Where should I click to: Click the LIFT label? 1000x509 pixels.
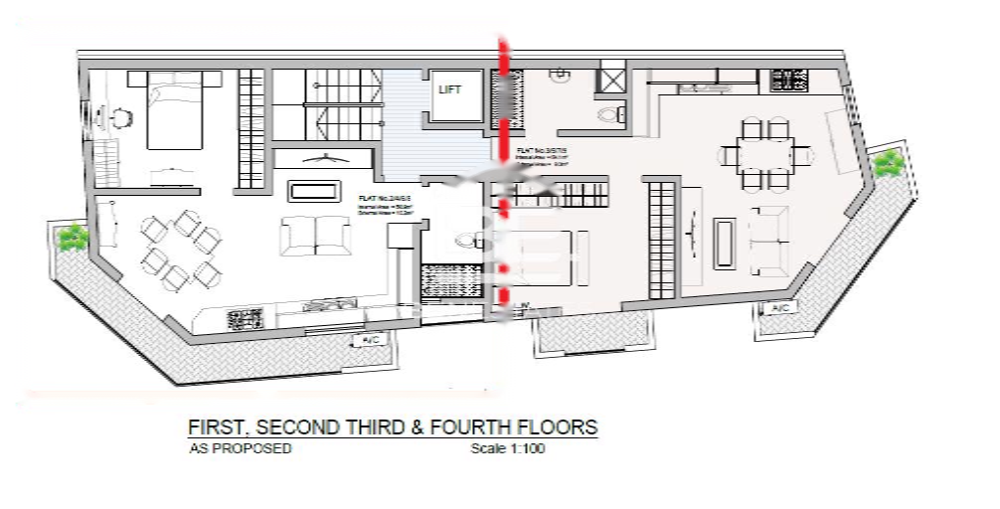(x=450, y=89)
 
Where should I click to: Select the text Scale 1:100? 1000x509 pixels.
(x=508, y=448)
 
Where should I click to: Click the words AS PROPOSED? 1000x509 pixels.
(x=240, y=448)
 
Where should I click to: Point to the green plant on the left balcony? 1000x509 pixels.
(x=71, y=238)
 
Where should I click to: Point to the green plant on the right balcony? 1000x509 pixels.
(x=887, y=161)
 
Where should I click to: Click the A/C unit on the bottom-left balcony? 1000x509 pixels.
(x=369, y=340)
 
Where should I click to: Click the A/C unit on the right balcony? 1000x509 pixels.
(x=780, y=309)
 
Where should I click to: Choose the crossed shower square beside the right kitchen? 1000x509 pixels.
(x=610, y=77)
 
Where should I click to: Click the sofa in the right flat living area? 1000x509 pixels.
(x=769, y=242)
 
